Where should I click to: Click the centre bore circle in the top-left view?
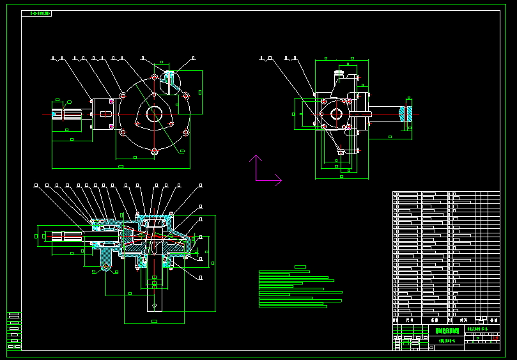point(154,114)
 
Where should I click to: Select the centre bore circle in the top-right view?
point(336,114)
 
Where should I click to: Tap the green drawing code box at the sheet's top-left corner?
point(36,13)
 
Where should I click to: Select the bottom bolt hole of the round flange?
point(154,151)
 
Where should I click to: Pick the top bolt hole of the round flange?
point(154,78)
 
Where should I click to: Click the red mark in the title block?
point(495,338)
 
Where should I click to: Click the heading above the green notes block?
point(300,267)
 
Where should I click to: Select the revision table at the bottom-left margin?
point(14,331)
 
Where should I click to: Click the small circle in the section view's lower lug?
point(106,265)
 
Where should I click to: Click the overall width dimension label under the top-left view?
point(121,166)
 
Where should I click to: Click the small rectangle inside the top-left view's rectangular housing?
point(104,114)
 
